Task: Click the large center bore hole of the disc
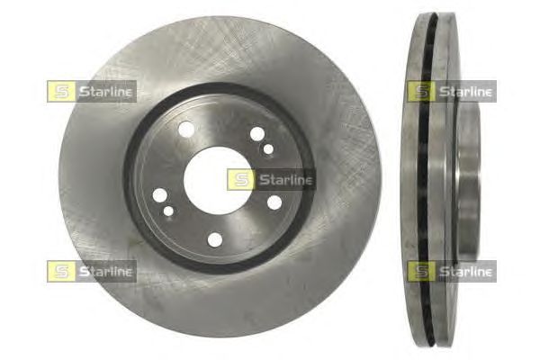point(218,181)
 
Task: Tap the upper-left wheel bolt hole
point(186,130)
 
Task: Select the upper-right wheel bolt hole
point(257,134)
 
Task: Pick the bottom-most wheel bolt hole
point(215,239)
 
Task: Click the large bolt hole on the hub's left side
point(160,195)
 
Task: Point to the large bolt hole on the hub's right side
point(274,202)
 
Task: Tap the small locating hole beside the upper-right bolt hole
point(268,149)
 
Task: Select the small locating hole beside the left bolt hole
point(168,211)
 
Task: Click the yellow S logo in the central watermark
point(241,179)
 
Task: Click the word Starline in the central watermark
point(285,180)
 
